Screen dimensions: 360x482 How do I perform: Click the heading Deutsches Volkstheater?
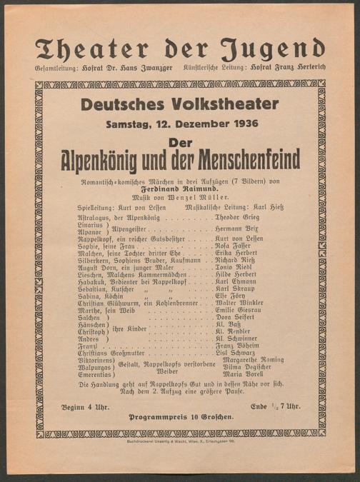pyautogui.click(x=179, y=104)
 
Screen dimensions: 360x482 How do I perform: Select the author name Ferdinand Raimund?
pyautogui.click(x=180, y=189)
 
